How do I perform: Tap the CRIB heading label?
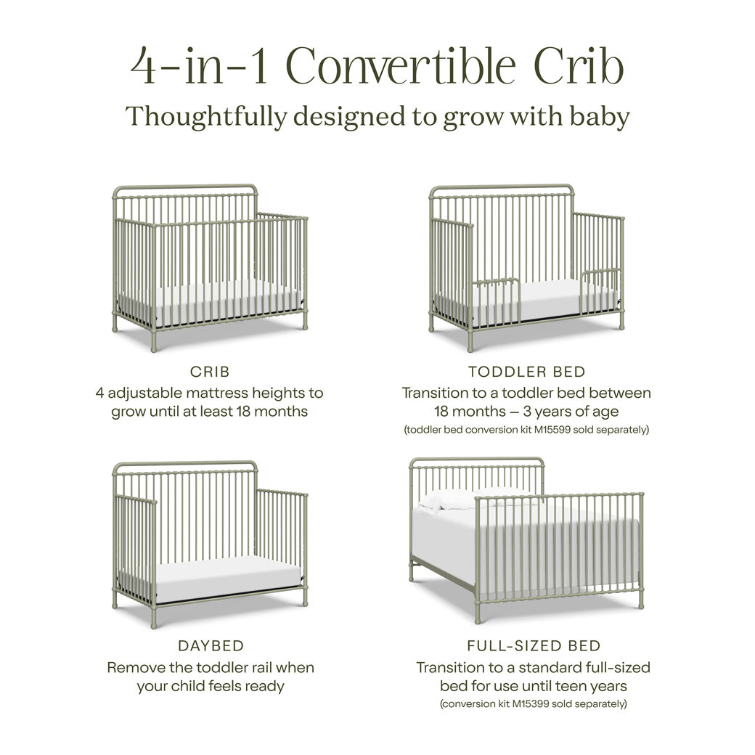click(x=210, y=372)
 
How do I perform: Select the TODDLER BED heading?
click(x=526, y=372)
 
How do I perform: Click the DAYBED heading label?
click(x=211, y=645)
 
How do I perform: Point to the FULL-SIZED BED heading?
click(x=534, y=645)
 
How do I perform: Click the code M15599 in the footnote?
click(x=556, y=430)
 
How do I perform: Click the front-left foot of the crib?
click(x=153, y=347)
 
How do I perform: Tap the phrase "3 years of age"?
click(x=578, y=412)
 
